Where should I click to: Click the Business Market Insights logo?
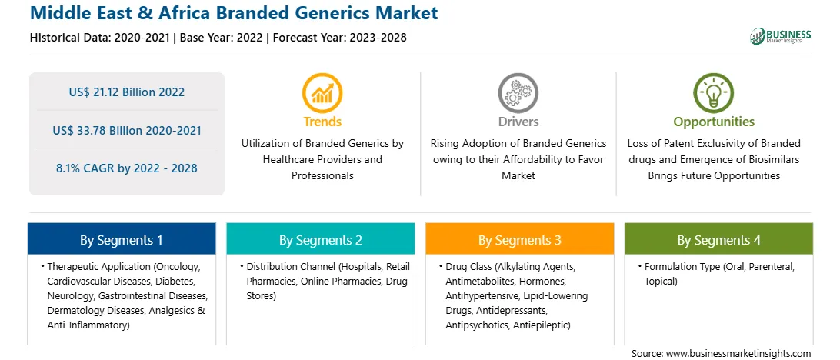tap(780, 36)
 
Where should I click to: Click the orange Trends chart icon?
tap(322, 92)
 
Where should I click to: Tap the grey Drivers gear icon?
tap(518, 92)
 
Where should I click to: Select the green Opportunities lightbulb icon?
tap(714, 92)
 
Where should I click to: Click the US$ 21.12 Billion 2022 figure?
tap(126, 92)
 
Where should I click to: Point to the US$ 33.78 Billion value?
tap(105, 130)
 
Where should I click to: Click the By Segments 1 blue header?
tap(122, 239)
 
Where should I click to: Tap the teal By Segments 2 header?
tap(320, 239)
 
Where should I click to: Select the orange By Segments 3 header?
tap(520, 239)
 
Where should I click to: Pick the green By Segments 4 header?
tap(719, 239)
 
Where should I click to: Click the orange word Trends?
tap(322, 122)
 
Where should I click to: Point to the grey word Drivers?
tap(518, 122)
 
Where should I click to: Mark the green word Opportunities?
tap(714, 122)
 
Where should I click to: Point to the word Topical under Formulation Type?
tap(661, 282)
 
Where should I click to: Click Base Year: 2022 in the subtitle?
tap(222, 38)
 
